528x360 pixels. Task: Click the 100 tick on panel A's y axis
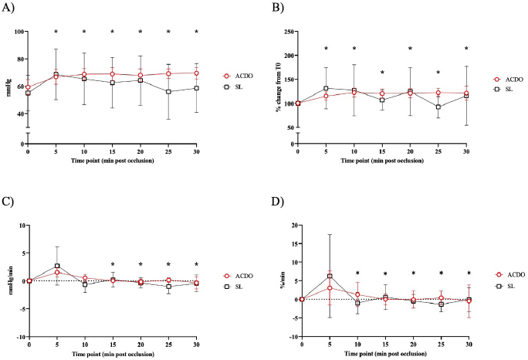[18, 32]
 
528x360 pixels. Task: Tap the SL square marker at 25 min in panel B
[438, 107]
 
